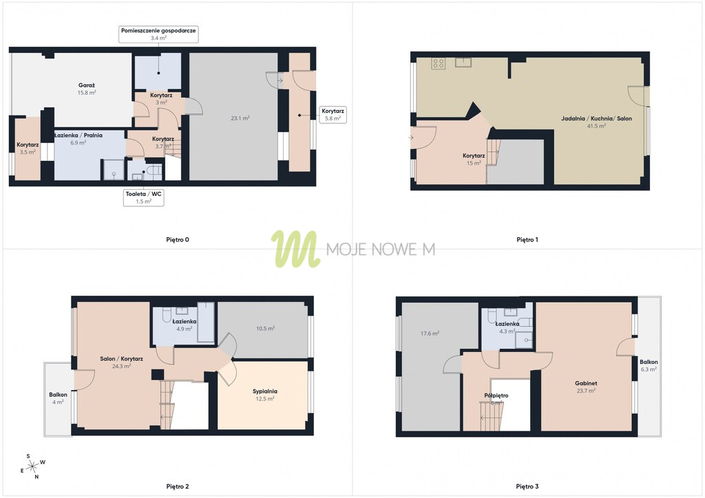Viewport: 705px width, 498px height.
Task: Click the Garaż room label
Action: (86, 85)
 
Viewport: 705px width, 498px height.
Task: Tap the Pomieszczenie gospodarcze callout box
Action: (158, 34)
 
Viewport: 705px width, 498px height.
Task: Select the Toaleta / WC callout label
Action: (143, 197)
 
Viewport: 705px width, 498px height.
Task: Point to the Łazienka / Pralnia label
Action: (78, 136)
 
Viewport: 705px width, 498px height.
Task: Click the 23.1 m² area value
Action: (240, 118)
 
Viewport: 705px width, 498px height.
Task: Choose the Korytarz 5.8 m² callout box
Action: (333, 114)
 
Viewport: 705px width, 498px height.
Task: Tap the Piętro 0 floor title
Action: (178, 240)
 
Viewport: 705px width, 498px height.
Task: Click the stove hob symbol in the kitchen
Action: (439, 63)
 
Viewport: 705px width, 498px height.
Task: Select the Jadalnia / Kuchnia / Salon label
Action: (596, 118)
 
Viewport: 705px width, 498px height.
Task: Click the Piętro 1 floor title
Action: (527, 240)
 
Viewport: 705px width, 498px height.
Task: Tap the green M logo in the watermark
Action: (295, 249)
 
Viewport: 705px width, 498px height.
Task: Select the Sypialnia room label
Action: (265, 391)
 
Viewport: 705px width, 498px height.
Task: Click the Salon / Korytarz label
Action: (121, 359)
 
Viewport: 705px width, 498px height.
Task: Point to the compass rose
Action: (32, 467)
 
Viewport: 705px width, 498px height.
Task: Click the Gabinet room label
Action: (586, 384)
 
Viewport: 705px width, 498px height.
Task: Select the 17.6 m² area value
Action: (430, 334)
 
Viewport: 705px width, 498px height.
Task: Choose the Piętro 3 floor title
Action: (527, 486)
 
